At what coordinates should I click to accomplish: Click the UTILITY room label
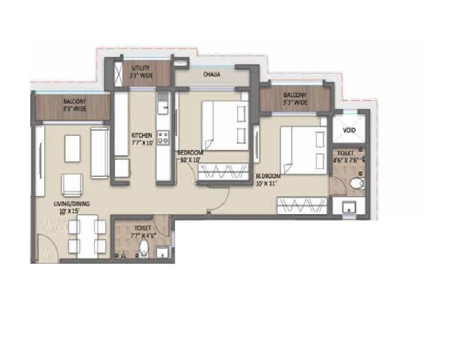point(139,68)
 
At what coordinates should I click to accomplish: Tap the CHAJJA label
point(211,75)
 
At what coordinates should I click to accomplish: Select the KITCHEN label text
point(142,135)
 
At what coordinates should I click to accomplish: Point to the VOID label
point(349,130)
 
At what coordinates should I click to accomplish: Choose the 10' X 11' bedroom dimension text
point(268,183)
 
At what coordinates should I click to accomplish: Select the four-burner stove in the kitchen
point(163,136)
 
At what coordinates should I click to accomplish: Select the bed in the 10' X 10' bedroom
point(224,125)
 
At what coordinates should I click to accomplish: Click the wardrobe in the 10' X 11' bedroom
point(302,206)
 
